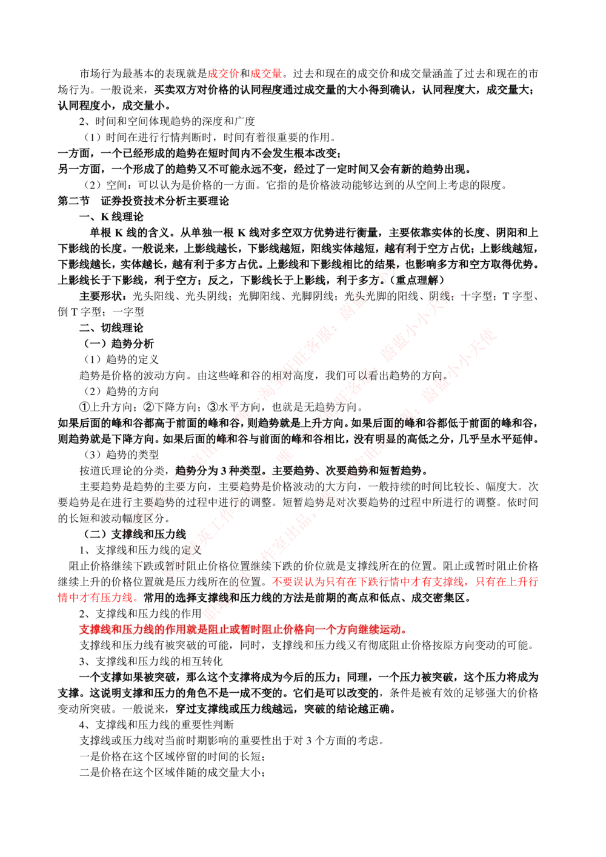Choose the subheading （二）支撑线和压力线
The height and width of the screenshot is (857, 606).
tap(132, 534)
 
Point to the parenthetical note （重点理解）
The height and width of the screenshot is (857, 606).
tap(418, 280)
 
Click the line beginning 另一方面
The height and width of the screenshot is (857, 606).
tap(264, 169)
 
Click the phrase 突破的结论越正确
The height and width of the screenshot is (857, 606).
tap(349, 709)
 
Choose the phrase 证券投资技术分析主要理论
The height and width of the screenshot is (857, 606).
tap(165, 201)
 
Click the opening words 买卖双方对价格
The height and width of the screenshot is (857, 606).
tap(191, 90)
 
